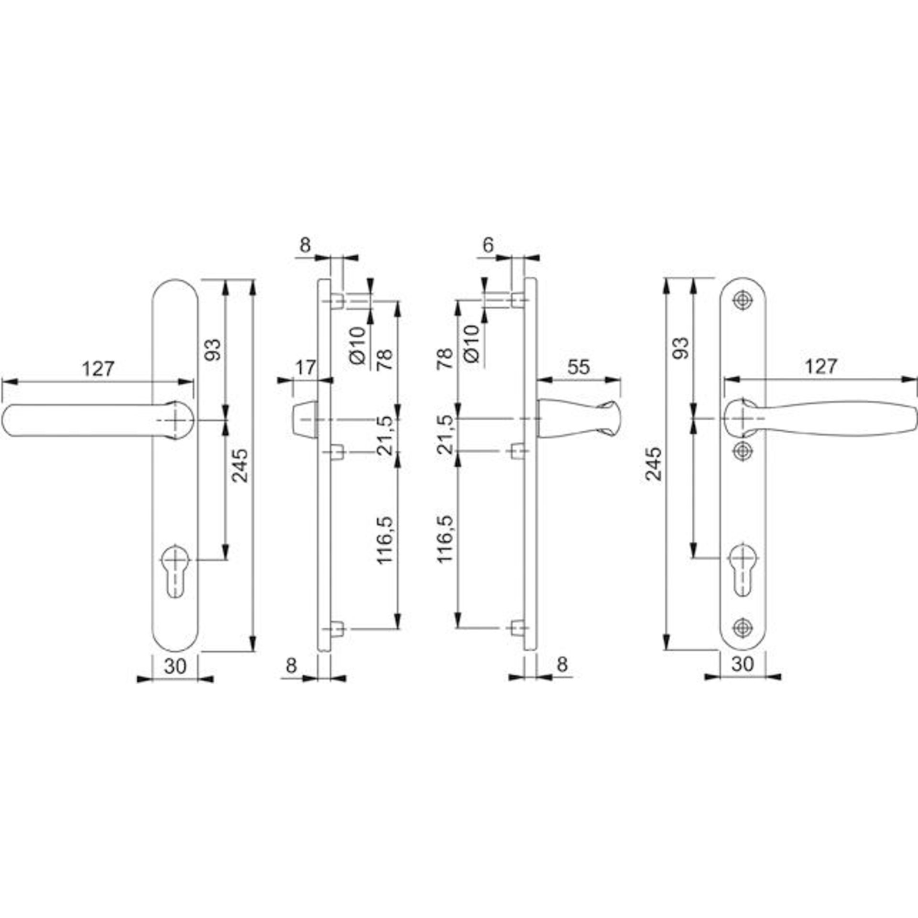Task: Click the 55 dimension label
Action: click(x=579, y=367)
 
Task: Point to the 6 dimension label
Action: click(x=488, y=245)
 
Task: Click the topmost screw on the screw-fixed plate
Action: click(x=742, y=300)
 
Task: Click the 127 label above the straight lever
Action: click(x=98, y=369)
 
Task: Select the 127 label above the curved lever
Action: click(x=821, y=366)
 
